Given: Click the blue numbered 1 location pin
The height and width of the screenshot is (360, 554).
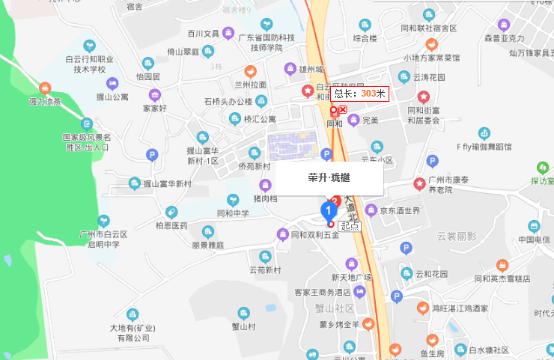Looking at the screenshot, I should [x=329, y=210].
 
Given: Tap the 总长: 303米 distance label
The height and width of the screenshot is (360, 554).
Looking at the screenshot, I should [x=359, y=94].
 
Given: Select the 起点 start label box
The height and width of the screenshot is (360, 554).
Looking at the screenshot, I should [x=349, y=225].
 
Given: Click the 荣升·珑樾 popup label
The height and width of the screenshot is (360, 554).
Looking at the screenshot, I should [x=329, y=178].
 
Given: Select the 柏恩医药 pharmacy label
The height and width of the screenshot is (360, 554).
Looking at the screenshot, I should [x=171, y=225].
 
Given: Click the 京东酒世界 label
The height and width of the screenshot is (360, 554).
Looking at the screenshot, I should [x=401, y=211].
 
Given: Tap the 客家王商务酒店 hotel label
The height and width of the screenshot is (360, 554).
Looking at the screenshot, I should [x=322, y=292].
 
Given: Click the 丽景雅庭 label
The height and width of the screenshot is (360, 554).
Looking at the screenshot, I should [x=207, y=245].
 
